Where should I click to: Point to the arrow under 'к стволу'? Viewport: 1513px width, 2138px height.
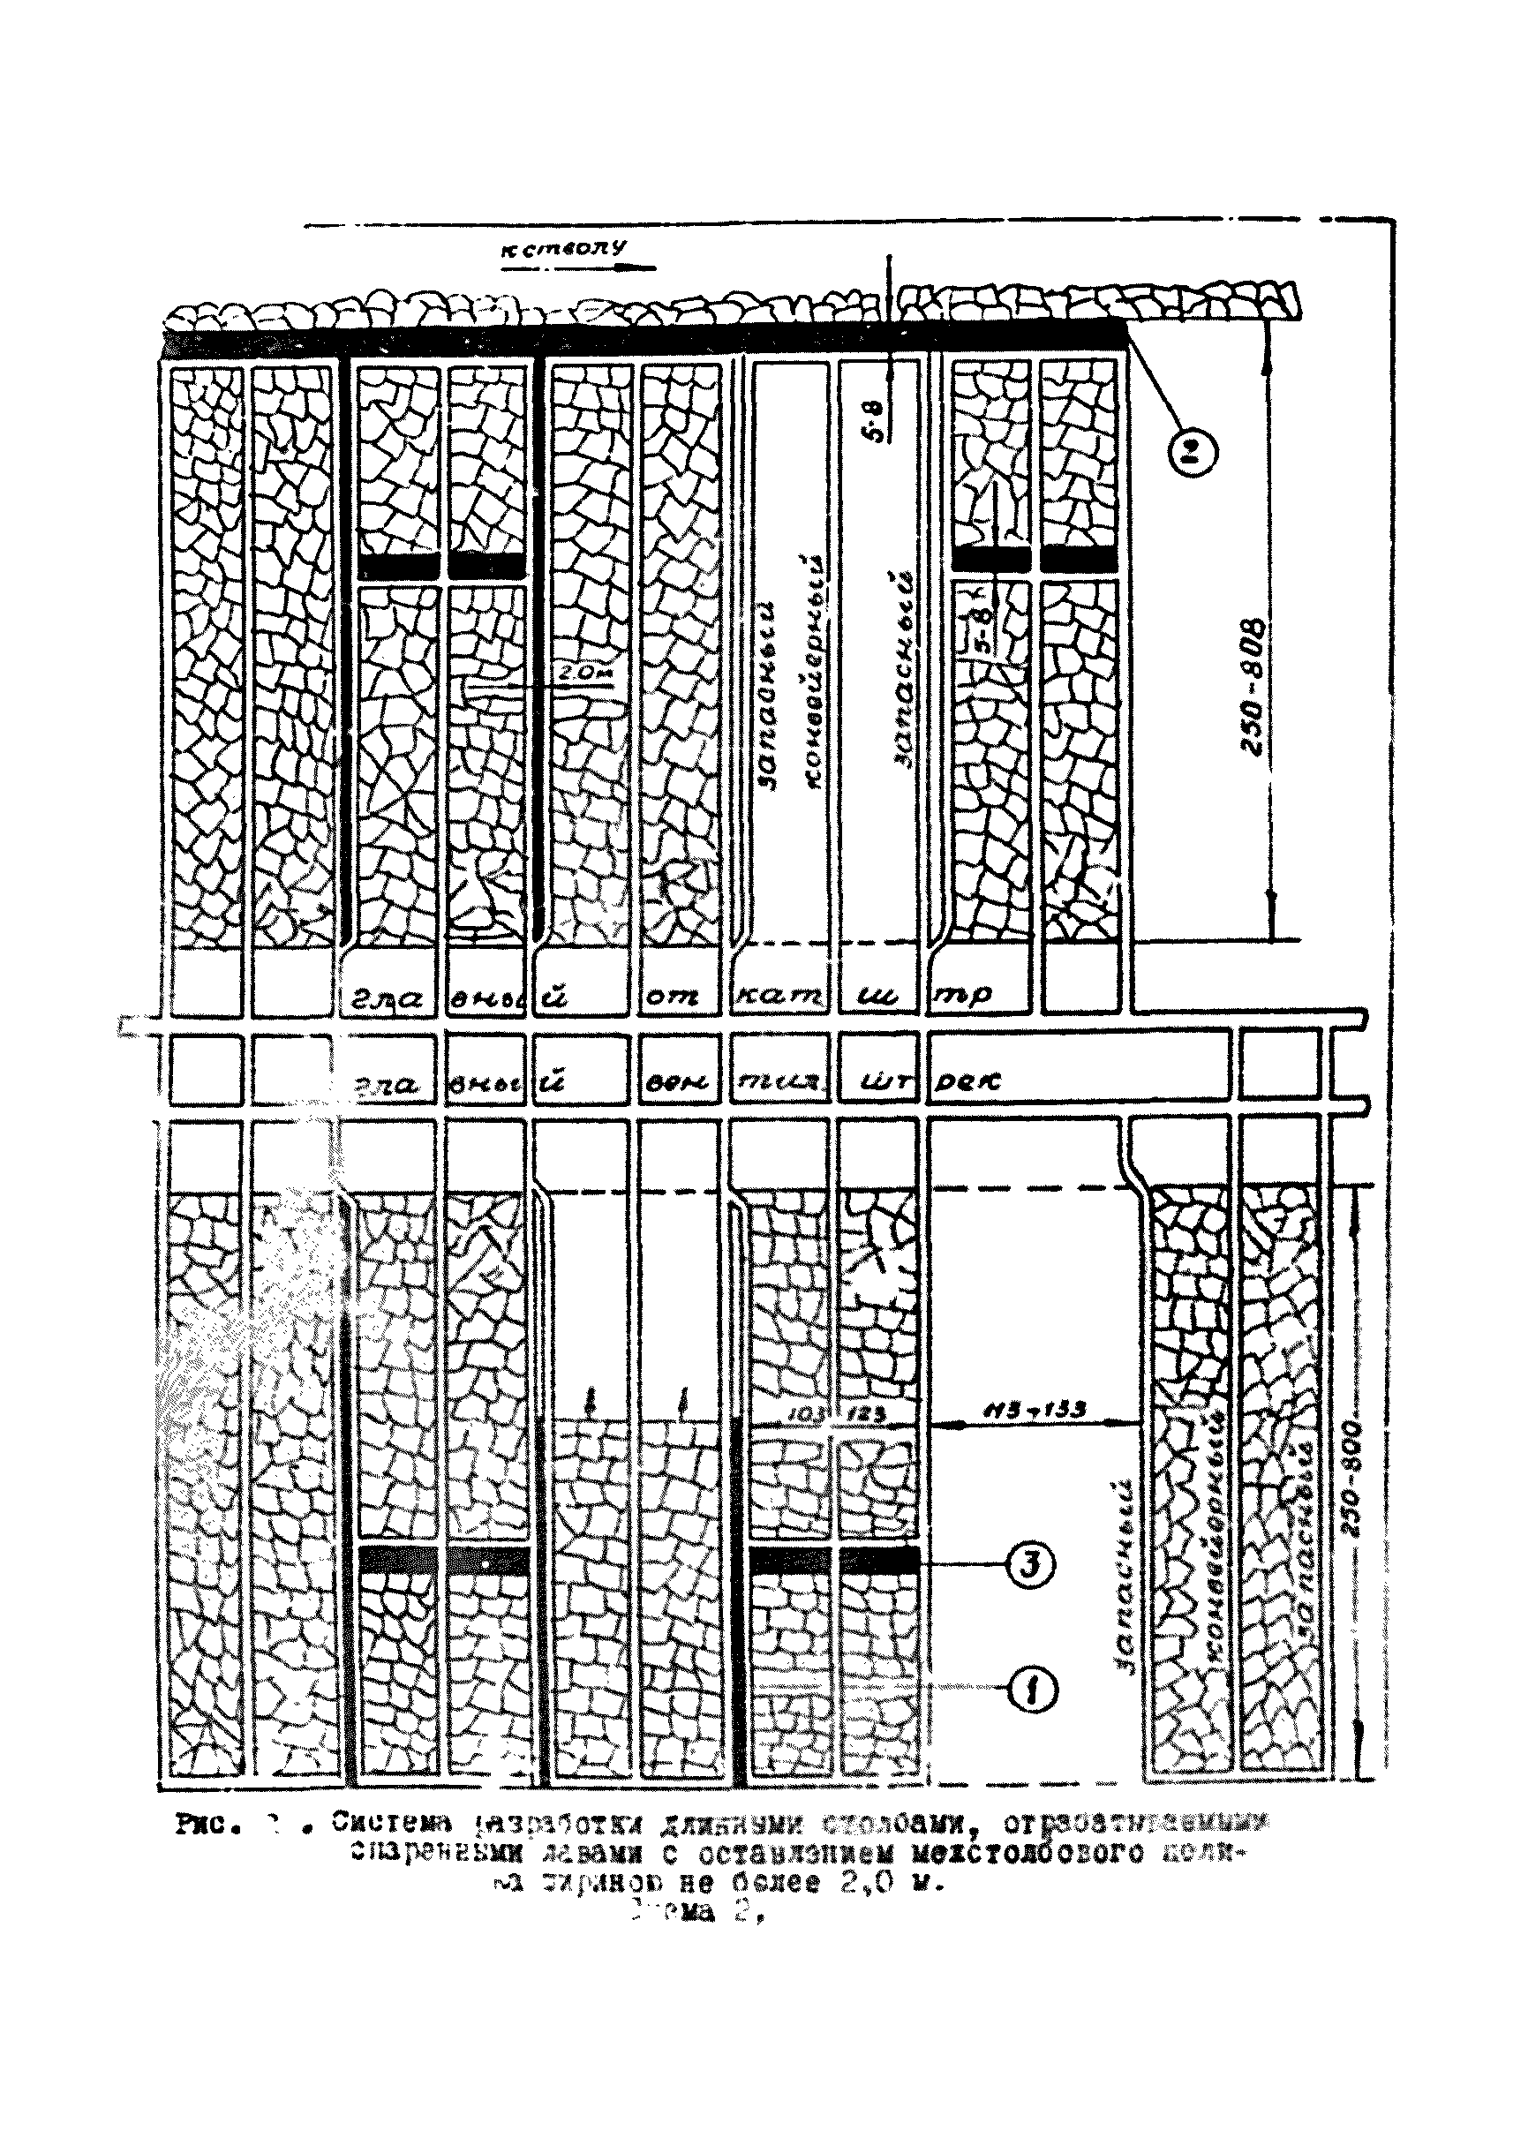[x=577, y=268]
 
